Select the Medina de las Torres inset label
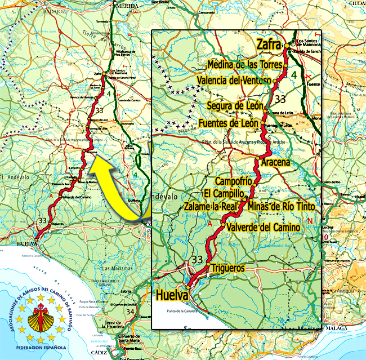tap(244, 65)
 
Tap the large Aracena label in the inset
tap(276, 162)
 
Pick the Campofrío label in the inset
tap(233, 181)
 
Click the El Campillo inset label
tap(224, 193)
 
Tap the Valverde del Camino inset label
tap(264, 227)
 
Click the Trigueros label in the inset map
tap(228, 269)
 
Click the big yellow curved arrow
tap(115, 186)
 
